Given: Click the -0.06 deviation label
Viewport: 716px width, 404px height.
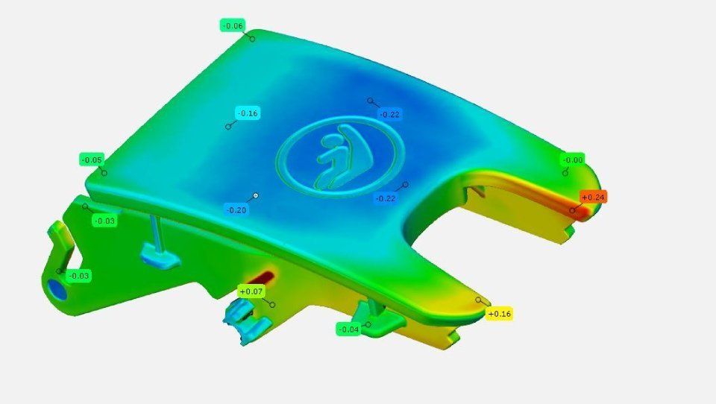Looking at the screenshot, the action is coord(233,25).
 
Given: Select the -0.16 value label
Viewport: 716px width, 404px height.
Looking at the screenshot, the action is coord(248,113).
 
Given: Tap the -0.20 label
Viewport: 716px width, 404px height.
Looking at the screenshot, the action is coord(236,210).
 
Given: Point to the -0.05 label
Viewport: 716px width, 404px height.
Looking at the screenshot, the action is coord(92,160).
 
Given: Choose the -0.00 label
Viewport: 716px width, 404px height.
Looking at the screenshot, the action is coord(573,160).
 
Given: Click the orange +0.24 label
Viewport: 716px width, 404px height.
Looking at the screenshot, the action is coord(593,198).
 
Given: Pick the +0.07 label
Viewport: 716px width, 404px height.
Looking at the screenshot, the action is coord(251,291).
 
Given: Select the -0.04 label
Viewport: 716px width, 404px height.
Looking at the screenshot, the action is coord(349,329).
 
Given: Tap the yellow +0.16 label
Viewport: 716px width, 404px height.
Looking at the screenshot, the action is coord(499,314).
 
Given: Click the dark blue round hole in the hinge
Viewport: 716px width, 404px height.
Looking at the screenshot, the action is coord(58,290).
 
